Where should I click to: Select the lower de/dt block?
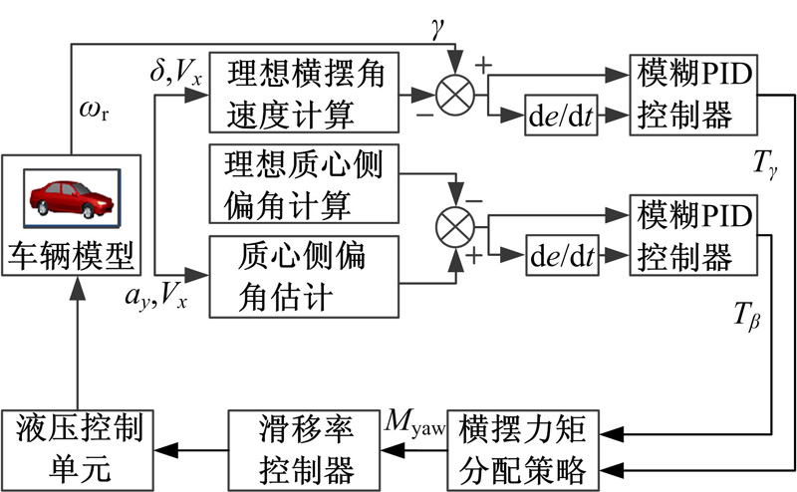coord(563,255)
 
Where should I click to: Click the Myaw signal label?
coord(411,425)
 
